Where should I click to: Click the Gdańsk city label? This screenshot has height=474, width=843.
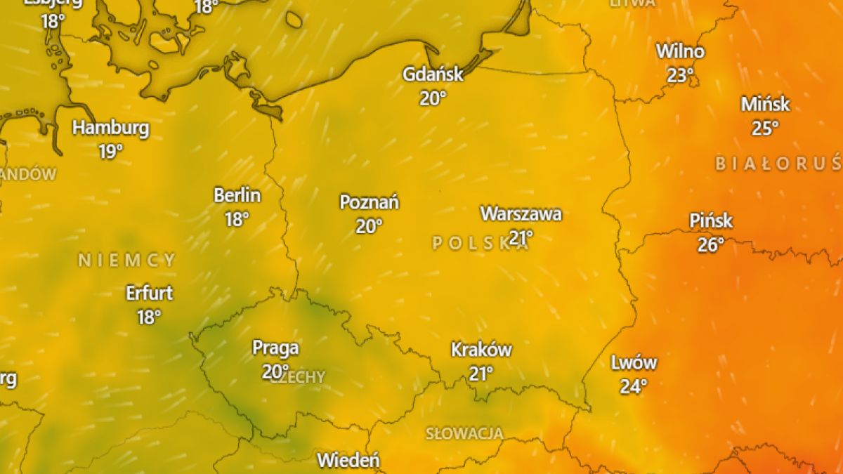tap(433, 74)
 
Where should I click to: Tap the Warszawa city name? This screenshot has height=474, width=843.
tap(521, 213)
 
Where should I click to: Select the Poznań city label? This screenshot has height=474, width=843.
tap(369, 202)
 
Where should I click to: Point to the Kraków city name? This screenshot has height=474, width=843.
tap(481, 349)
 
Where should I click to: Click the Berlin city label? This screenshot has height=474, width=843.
tap(237, 195)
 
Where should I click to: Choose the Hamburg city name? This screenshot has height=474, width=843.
tap(111, 128)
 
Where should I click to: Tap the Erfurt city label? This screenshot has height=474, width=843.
tap(149, 292)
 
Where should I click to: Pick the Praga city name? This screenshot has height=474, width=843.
tap(275, 348)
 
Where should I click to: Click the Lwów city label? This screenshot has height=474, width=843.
tap(634, 362)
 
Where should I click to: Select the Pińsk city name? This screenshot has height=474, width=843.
tap(711, 220)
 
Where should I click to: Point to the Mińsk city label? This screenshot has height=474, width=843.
tap(765, 105)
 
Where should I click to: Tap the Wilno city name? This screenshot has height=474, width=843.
tap(680, 51)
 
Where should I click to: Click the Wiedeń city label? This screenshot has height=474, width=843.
tap(348, 461)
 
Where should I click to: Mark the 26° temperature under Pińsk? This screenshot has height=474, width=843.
tap(711, 244)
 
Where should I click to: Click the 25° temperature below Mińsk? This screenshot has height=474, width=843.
tap(765, 129)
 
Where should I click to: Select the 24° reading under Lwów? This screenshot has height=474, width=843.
tap(634, 386)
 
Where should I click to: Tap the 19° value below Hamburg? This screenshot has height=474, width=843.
tap(111, 152)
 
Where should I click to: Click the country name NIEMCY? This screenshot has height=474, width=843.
tap(126, 261)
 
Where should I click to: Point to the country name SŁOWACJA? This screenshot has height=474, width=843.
tap(464, 433)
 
